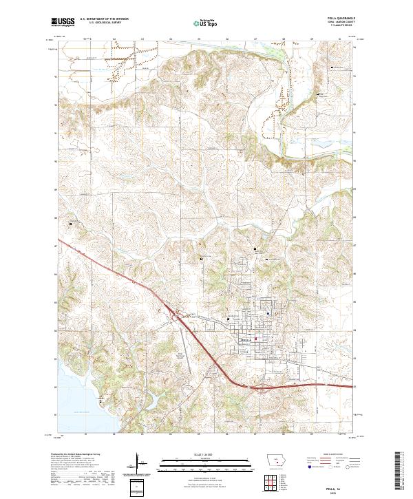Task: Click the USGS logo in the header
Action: point(63,23)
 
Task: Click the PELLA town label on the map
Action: point(245,339)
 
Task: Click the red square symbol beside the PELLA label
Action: point(256,338)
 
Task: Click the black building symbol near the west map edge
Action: point(70,222)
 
